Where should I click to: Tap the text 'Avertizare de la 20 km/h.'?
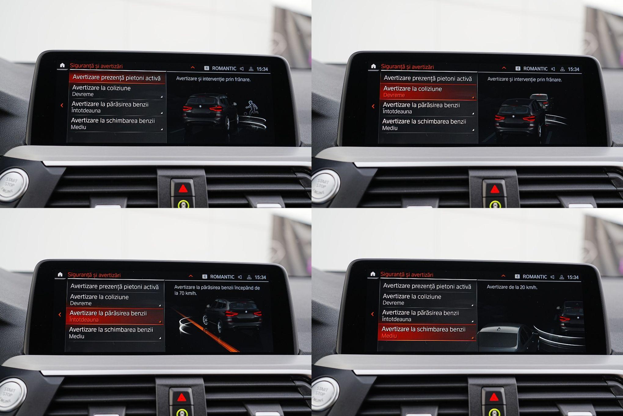tap(512, 287)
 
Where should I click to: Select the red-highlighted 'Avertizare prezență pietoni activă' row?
tap(117, 78)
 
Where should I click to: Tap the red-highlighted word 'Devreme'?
tap(394, 95)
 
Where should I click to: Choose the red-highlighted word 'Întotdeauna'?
tap(84, 320)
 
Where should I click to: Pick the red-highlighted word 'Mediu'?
tap(389, 336)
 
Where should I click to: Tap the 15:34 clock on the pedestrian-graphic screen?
tap(262, 69)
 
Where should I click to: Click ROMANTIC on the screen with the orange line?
tap(222, 277)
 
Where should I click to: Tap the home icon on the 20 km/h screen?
tap(373, 274)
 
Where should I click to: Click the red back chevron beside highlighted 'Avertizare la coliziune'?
tap(373, 106)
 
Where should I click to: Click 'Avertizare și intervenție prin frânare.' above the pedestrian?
tap(213, 79)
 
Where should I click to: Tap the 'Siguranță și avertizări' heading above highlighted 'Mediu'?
tap(406, 275)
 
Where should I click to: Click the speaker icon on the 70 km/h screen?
tap(240, 277)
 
